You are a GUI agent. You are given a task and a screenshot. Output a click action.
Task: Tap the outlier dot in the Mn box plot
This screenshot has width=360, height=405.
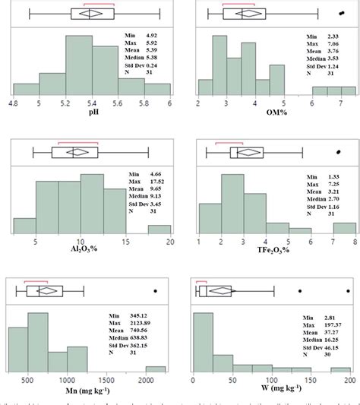pyautogui.click(x=156, y=290)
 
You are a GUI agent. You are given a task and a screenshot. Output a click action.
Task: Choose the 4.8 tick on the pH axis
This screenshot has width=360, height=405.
pyautogui.click(x=14, y=102)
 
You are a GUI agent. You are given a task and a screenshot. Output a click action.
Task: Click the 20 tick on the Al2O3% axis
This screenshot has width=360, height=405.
pyautogui.click(x=170, y=242)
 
